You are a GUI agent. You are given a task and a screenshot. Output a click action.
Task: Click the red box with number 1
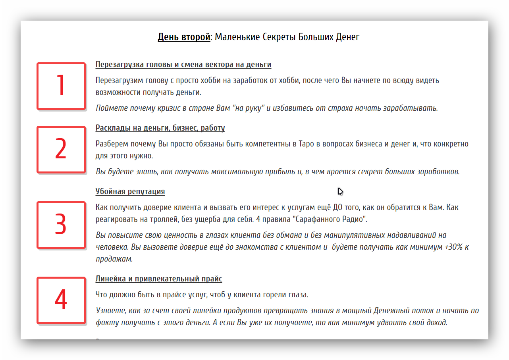[x=61, y=86]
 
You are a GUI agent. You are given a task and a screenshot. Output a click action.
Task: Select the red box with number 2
[x=61, y=149]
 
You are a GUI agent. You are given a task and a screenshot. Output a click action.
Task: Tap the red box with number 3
[x=61, y=225]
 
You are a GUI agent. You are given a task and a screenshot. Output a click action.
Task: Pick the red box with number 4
[x=61, y=300]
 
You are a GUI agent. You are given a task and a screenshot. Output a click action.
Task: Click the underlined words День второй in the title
[x=184, y=37]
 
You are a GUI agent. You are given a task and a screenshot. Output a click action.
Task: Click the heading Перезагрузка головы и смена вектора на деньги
[x=183, y=65]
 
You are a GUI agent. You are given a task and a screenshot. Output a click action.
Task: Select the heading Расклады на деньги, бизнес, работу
[x=160, y=128]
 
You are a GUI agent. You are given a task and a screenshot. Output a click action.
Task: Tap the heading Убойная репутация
[x=130, y=192]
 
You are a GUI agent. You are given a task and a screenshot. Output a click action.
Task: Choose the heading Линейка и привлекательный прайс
[x=159, y=279]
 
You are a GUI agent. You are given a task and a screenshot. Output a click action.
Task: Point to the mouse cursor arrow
[x=340, y=191]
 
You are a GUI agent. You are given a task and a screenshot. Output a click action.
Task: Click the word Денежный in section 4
[x=391, y=310]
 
